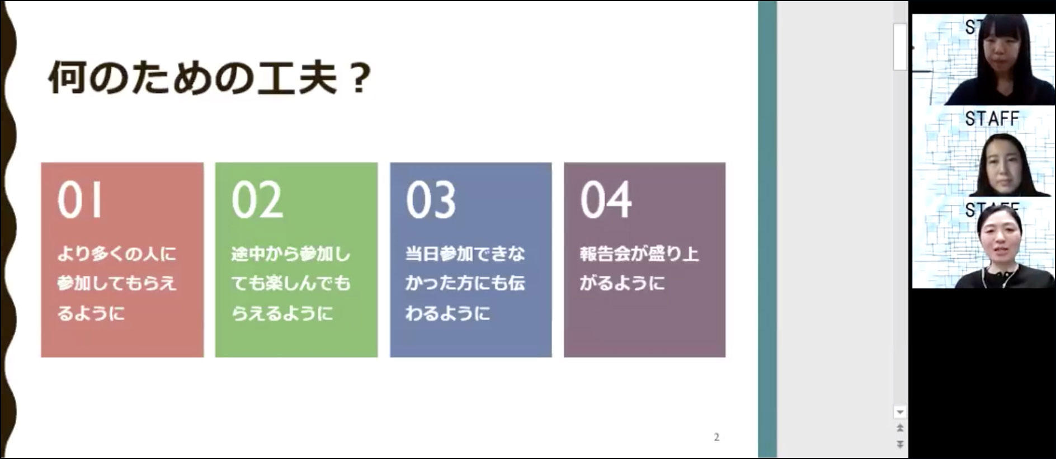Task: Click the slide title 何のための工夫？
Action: click(210, 78)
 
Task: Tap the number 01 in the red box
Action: click(80, 200)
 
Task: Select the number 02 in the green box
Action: click(257, 200)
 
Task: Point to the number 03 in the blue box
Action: click(431, 200)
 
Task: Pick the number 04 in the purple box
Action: click(606, 200)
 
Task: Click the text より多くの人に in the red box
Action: click(116, 254)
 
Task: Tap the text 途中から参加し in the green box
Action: click(291, 254)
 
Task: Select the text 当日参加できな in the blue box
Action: click(465, 254)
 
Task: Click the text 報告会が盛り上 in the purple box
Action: click(639, 254)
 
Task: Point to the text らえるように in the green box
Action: click(282, 313)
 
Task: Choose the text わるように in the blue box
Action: click(447, 313)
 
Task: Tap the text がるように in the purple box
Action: click(622, 283)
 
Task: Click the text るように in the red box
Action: click(91, 313)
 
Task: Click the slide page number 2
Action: click(716, 437)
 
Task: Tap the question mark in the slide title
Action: click(361, 79)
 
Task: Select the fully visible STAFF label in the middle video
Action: click(992, 119)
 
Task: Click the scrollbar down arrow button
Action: click(900, 412)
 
